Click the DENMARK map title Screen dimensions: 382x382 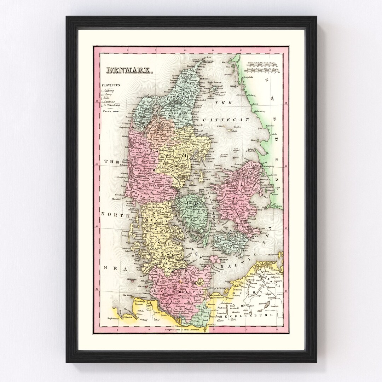pos(129,70)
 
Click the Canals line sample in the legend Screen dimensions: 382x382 pos(115,111)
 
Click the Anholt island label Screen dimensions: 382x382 pos(234,131)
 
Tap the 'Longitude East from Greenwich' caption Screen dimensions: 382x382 pos(182,329)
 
